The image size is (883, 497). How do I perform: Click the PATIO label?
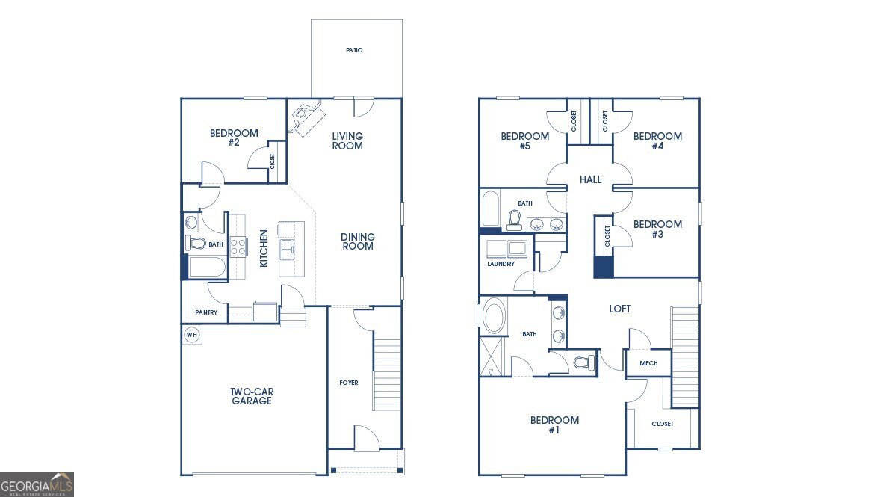point(354,50)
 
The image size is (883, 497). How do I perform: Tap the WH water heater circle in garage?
point(191,335)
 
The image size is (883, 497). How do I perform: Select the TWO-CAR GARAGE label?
point(251,396)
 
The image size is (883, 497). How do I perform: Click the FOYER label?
point(349,383)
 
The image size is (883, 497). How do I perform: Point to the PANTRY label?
point(206,312)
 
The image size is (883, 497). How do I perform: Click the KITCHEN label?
point(264,248)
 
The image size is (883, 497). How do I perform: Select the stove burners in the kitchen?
point(238,247)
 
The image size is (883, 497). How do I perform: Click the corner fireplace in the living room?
point(306,118)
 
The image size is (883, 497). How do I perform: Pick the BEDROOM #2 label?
point(234,138)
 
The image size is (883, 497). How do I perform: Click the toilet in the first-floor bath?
point(196,243)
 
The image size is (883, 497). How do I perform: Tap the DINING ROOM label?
point(358,241)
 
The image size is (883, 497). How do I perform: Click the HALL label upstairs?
point(591,179)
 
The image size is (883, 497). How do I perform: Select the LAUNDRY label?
point(501,264)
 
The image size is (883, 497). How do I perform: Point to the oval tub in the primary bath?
point(494,317)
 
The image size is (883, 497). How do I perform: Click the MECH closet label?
point(648,363)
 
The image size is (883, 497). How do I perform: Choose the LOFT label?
point(619,309)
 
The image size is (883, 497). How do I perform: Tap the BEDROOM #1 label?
point(554,425)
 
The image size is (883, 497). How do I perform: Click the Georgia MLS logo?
point(37,484)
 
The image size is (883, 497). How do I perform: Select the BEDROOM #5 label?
point(524,141)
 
